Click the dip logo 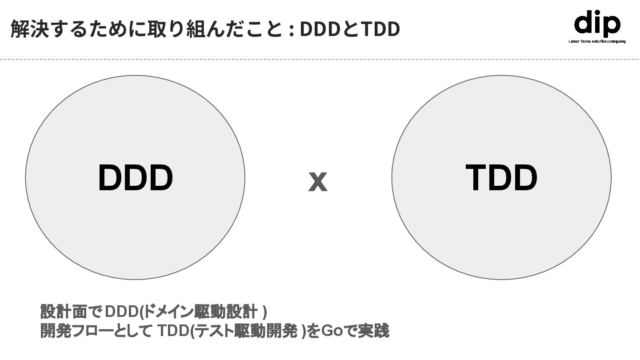click(x=596, y=24)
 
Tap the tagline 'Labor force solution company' click(x=597, y=41)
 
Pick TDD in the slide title click(x=380, y=29)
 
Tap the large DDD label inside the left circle click(x=135, y=178)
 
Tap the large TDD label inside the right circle click(x=501, y=178)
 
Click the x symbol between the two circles click(x=318, y=182)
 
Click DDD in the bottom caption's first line click(x=121, y=312)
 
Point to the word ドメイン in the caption click(x=169, y=312)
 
